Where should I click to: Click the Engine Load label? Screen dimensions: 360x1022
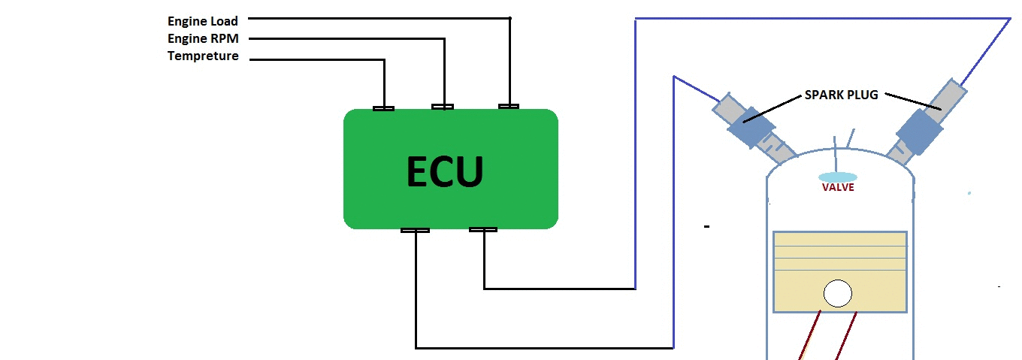(202, 21)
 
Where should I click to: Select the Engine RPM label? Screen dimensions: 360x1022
(202, 38)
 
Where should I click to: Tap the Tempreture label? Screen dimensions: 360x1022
(203, 56)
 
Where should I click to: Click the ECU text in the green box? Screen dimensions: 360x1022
(445, 171)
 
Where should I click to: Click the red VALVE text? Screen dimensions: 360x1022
(838, 187)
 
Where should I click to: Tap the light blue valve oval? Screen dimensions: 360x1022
(836, 175)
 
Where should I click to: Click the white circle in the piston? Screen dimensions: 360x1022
(837, 293)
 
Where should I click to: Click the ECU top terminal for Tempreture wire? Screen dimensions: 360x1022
(383, 108)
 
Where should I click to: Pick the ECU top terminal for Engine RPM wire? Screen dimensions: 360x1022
(443, 107)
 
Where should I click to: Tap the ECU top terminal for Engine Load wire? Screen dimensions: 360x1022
(509, 106)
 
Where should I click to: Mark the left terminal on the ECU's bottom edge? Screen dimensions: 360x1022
(415, 230)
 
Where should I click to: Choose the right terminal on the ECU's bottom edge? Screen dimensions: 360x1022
(482, 229)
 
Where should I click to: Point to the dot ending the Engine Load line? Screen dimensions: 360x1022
(510, 18)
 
